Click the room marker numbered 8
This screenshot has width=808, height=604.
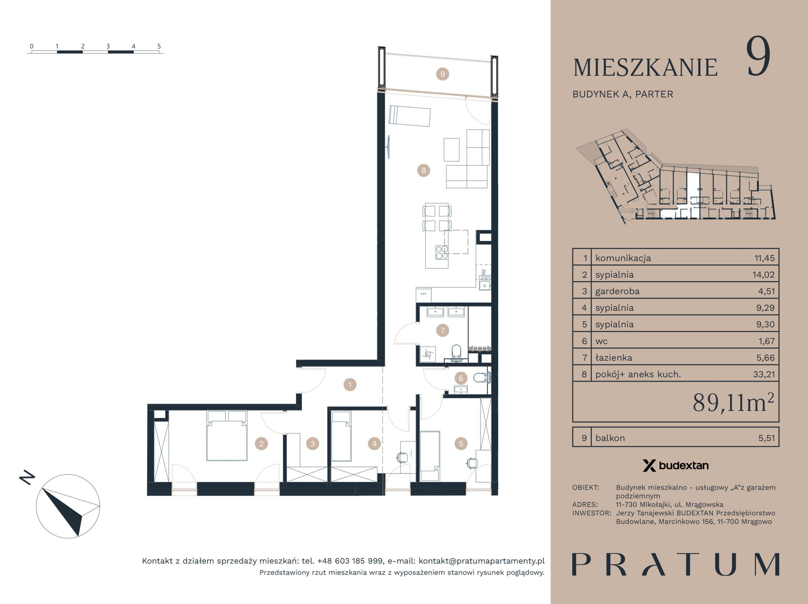pyautogui.click(x=423, y=170)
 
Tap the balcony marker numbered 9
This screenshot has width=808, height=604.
pyautogui.click(x=443, y=74)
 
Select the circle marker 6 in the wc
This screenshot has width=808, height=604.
pyautogui.click(x=461, y=378)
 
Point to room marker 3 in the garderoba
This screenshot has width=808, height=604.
pyautogui.click(x=312, y=444)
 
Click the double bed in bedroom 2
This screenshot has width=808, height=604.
pyautogui.click(x=227, y=435)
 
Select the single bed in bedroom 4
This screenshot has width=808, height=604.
pyautogui.click(x=341, y=436)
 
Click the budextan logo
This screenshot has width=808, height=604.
pyautogui.click(x=675, y=465)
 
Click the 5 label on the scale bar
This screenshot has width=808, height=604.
pyautogui.click(x=159, y=46)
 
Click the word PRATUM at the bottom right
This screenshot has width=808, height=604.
pyautogui.click(x=675, y=565)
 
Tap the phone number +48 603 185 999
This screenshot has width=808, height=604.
pyautogui.click(x=350, y=561)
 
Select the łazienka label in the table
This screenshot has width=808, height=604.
pyautogui.click(x=614, y=358)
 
